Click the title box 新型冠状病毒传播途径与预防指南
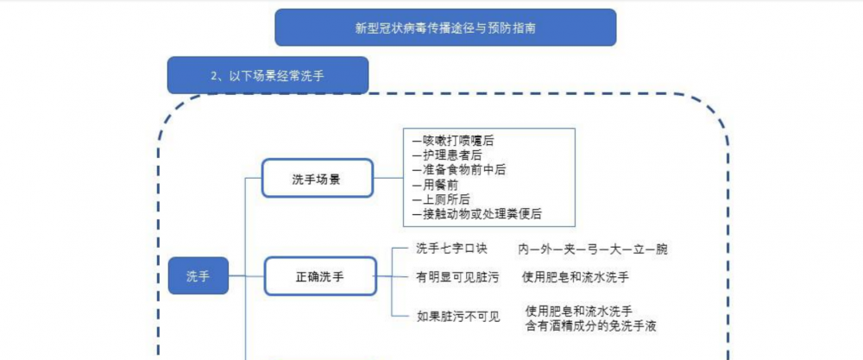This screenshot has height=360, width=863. (445, 28)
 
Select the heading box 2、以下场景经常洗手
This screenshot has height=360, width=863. (268, 75)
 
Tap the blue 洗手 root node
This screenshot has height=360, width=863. (198, 275)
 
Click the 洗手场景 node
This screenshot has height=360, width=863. (318, 178)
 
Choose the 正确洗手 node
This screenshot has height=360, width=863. (320, 275)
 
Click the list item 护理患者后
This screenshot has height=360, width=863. (446, 155)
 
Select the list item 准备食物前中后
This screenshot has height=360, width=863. (458, 170)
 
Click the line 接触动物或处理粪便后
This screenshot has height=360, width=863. (476, 214)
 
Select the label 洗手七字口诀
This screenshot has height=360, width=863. (452, 249)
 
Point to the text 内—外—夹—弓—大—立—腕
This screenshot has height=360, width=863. (593, 249)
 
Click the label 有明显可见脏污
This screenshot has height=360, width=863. (458, 277)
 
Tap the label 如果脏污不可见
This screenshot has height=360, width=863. (458, 317)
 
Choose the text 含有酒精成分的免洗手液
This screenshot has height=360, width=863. (591, 325)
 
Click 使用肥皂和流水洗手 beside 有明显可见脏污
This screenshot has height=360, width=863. (576, 277)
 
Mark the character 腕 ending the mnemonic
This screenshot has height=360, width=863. (662, 249)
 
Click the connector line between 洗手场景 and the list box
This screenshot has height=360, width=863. (388, 178)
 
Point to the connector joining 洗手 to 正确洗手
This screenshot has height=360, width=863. (246, 275)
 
